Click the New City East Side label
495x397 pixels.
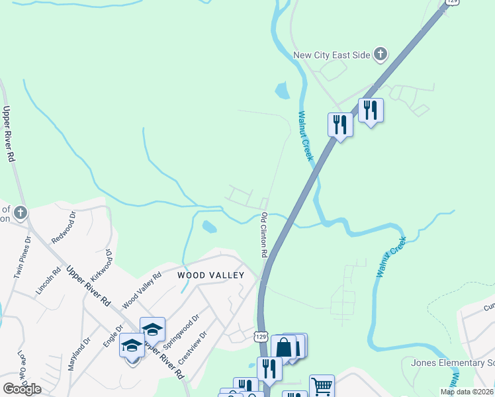pos(331,55)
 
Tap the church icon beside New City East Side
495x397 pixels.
pos(381,54)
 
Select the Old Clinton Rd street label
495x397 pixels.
pos(263,235)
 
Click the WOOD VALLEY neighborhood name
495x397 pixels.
pos(210,275)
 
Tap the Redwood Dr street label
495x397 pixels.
pos(65,227)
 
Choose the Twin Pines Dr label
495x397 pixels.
pos(23,257)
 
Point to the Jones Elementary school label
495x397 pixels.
pos(453,363)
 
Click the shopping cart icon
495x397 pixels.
pos(322,385)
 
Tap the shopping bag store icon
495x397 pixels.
pos(283,346)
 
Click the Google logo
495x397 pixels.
pos(22,389)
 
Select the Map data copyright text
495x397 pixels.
pos(467,392)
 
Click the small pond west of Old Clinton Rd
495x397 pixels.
pos(209,227)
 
